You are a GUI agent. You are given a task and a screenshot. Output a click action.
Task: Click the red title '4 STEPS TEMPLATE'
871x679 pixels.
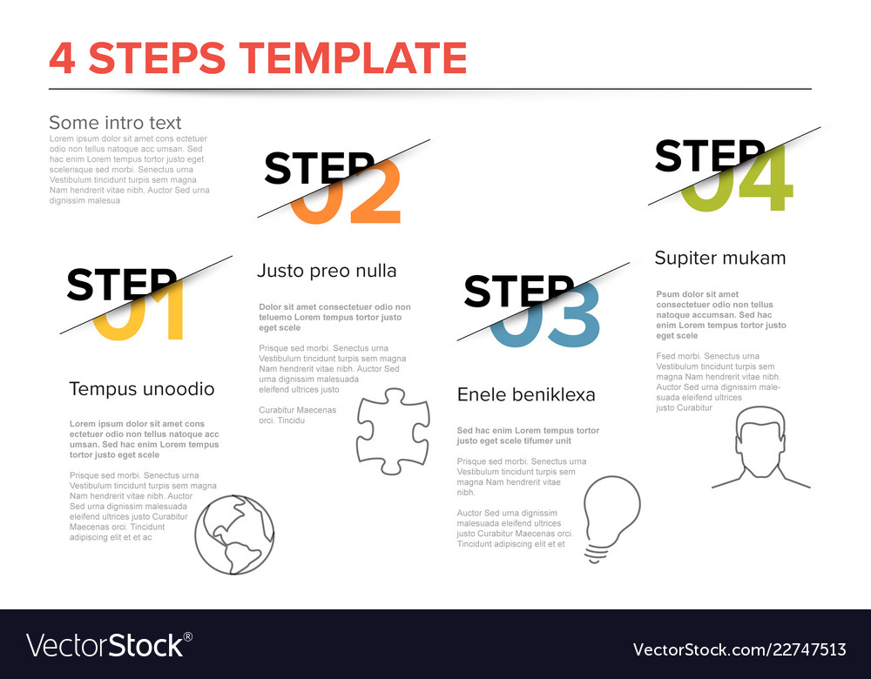(x=258, y=57)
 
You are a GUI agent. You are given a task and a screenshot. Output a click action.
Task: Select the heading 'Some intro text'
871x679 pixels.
(x=115, y=123)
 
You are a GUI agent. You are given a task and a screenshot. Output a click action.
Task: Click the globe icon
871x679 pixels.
(x=234, y=534)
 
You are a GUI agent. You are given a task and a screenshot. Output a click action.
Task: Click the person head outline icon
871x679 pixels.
(x=760, y=447)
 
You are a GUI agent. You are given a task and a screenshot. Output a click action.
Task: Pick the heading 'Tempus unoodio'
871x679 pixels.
(x=142, y=389)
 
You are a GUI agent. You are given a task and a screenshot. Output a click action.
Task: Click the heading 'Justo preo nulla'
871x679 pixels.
(x=327, y=271)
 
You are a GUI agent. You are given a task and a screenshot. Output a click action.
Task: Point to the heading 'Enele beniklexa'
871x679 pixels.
(x=526, y=395)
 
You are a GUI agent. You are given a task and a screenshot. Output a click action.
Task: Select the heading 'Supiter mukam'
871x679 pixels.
(x=719, y=258)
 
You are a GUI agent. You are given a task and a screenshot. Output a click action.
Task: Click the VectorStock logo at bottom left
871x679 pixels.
(x=110, y=645)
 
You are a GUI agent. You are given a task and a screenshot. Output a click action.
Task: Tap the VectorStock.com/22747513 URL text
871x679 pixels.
(x=739, y=649)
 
